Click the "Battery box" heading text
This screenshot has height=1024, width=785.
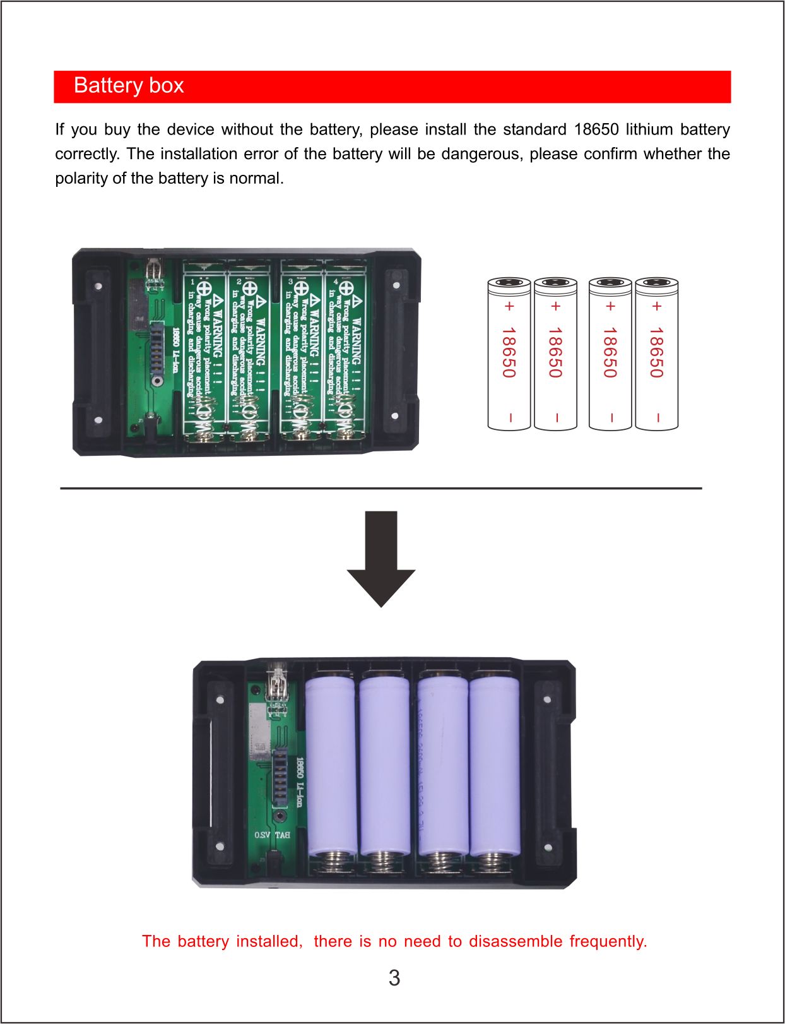click(129, 86)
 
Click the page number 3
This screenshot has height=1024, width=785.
click(394, 978)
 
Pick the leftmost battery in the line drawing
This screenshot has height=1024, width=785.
click(509, 354)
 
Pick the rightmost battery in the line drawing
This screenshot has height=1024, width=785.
click(656, 354)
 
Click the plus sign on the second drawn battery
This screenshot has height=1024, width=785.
click(556, 307)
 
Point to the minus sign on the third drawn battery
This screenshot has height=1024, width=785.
click(610, 417)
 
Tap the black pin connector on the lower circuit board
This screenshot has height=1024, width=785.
click(279, 777)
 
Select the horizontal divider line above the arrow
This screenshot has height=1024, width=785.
click(381, 488)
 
